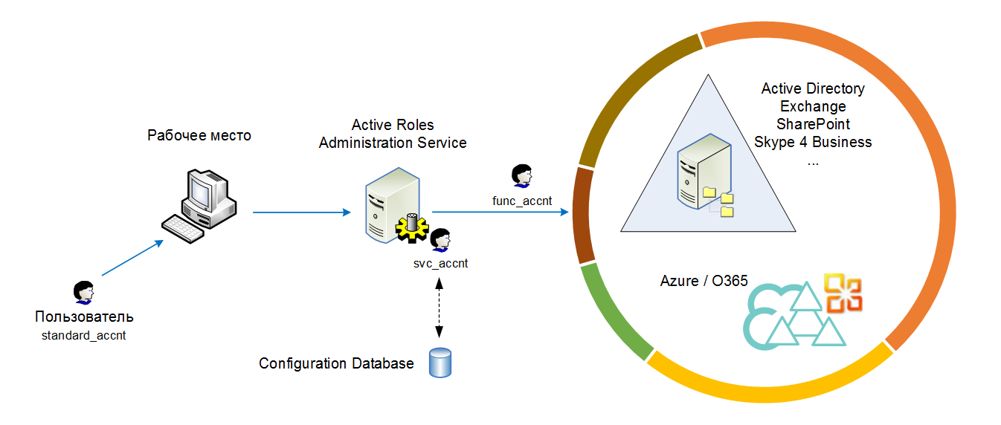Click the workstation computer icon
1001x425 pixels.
[x=200, y=204]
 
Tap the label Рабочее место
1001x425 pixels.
[x=199, y=136]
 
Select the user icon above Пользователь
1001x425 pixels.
[x=83, y=293]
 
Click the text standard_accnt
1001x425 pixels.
[x=84, y=336]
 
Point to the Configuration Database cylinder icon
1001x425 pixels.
[x=440, y=363]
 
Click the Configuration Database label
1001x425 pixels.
[x=336, y=364]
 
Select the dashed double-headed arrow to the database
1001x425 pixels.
[x=440, y=307]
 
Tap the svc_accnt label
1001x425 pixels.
[x=440, y=263]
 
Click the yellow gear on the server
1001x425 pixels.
[x=410, y=228]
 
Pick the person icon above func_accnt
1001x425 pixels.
[x=521, y=176]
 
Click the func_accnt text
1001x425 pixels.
[x=521, y=201]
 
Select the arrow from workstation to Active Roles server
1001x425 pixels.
[x=301, y=212]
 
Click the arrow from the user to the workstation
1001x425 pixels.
[x=132, y=259]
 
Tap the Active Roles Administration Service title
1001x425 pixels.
[x=393, y=134]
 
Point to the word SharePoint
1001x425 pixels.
[x=813, y=124]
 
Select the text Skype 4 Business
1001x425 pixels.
[x=813, y=142]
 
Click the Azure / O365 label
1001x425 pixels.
[x=704, y=281]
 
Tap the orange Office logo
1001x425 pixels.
[x=843, y=293]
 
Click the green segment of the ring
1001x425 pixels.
[x=613, y=313]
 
